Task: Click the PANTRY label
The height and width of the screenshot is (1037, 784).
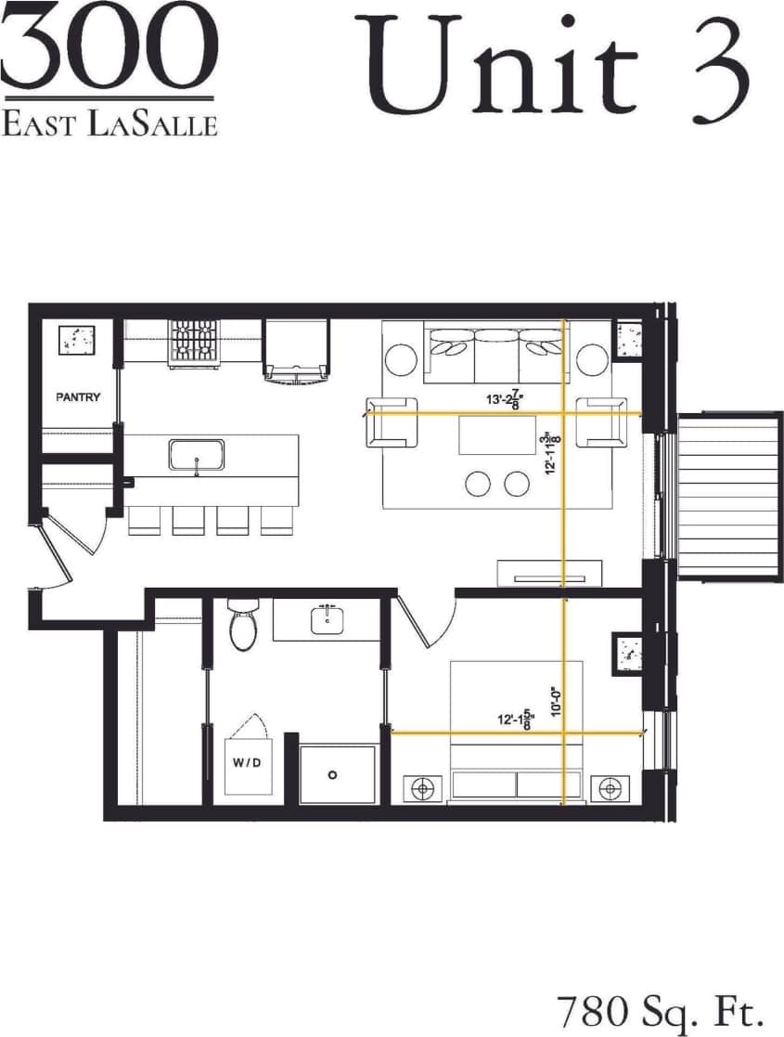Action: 78,397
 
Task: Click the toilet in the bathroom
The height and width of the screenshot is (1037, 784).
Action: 242,625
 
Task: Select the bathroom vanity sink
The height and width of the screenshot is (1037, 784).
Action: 327,619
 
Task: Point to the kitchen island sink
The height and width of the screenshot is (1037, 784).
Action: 195,455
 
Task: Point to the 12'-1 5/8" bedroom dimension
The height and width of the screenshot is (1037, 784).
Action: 515,719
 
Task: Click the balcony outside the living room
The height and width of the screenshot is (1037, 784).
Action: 729,497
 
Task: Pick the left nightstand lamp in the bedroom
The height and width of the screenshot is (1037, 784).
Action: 423,788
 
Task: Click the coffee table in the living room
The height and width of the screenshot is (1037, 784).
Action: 497,434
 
